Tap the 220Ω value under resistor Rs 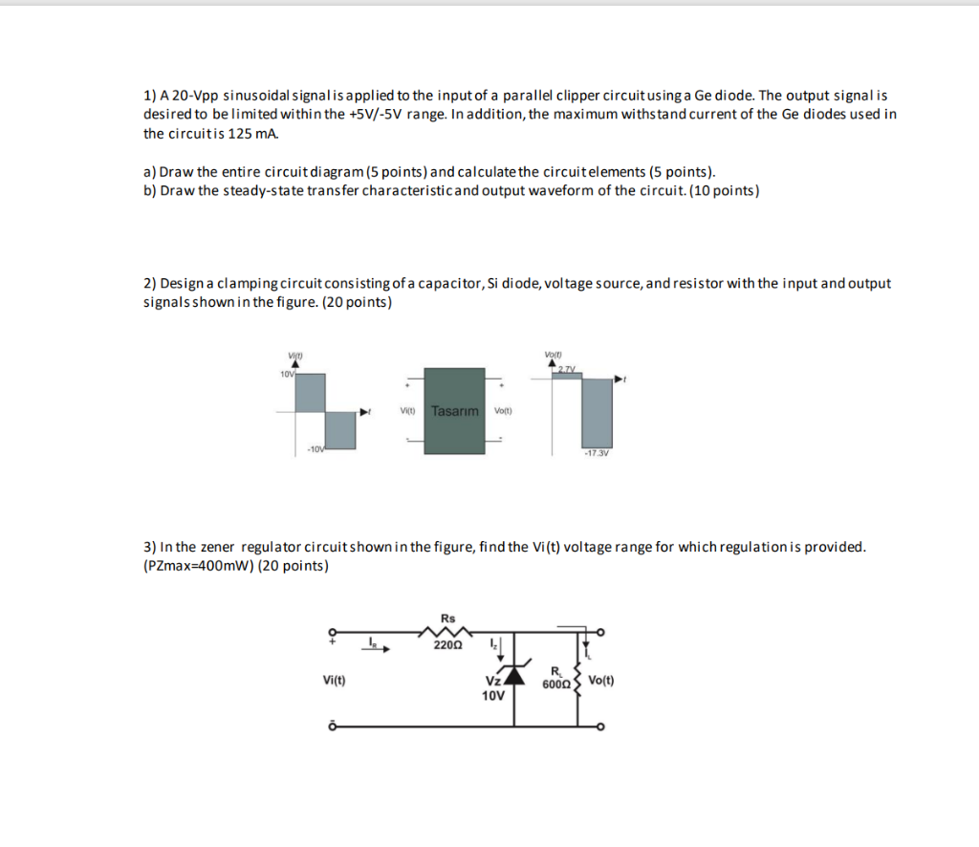coord(447,645)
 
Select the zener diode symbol coord(514,676)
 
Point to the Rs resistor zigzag coord(447,631)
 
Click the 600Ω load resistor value coord(555,684)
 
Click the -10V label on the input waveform coord(316,450)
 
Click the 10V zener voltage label coord(492,696)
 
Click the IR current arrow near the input coord(375,646)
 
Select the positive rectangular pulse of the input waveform coord(311,394)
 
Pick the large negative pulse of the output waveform coord(597,412)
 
